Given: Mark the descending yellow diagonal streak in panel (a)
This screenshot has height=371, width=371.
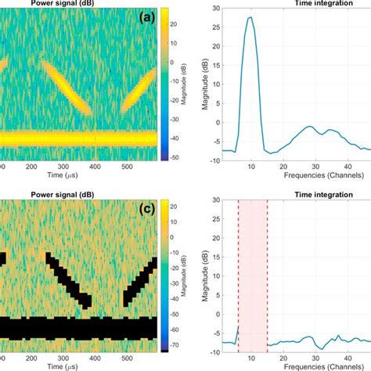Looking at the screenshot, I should tap(67, 86).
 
